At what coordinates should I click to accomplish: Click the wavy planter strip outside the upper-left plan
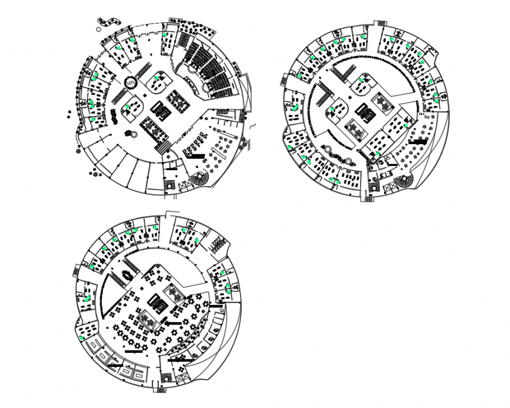[106, 22]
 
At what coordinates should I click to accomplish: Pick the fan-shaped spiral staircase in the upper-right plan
[404, 182]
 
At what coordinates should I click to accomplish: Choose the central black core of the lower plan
[158, 302]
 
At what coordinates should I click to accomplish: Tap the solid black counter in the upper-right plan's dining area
[419, 141]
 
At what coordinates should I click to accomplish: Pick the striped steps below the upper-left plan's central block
[162, 145]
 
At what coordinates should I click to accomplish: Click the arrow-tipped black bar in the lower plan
[174, 322]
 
